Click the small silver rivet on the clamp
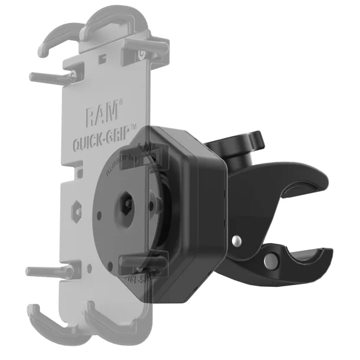(236, 241)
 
